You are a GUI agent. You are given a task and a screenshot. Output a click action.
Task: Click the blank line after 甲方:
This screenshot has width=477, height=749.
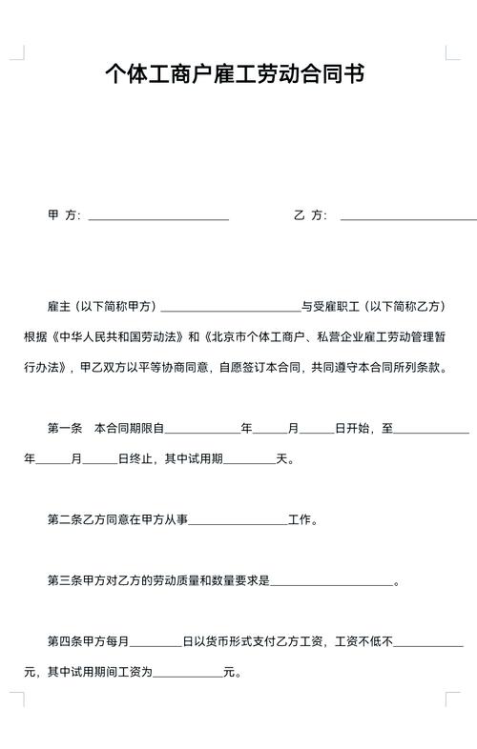click(158, 216)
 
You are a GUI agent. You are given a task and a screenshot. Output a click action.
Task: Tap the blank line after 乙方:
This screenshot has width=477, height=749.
click(408, 216)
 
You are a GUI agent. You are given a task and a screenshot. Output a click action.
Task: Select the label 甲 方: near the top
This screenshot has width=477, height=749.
click(64, 215)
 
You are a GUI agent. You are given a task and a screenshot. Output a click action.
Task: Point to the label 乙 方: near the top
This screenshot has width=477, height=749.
click(310, 215)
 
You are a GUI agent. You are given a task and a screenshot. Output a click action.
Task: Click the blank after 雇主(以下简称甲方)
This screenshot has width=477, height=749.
click(231, 307)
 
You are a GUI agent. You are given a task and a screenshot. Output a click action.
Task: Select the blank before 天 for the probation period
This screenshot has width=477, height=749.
click(249, 459)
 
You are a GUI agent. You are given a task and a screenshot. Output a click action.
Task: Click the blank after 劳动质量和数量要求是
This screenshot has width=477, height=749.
click(331, 581)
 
